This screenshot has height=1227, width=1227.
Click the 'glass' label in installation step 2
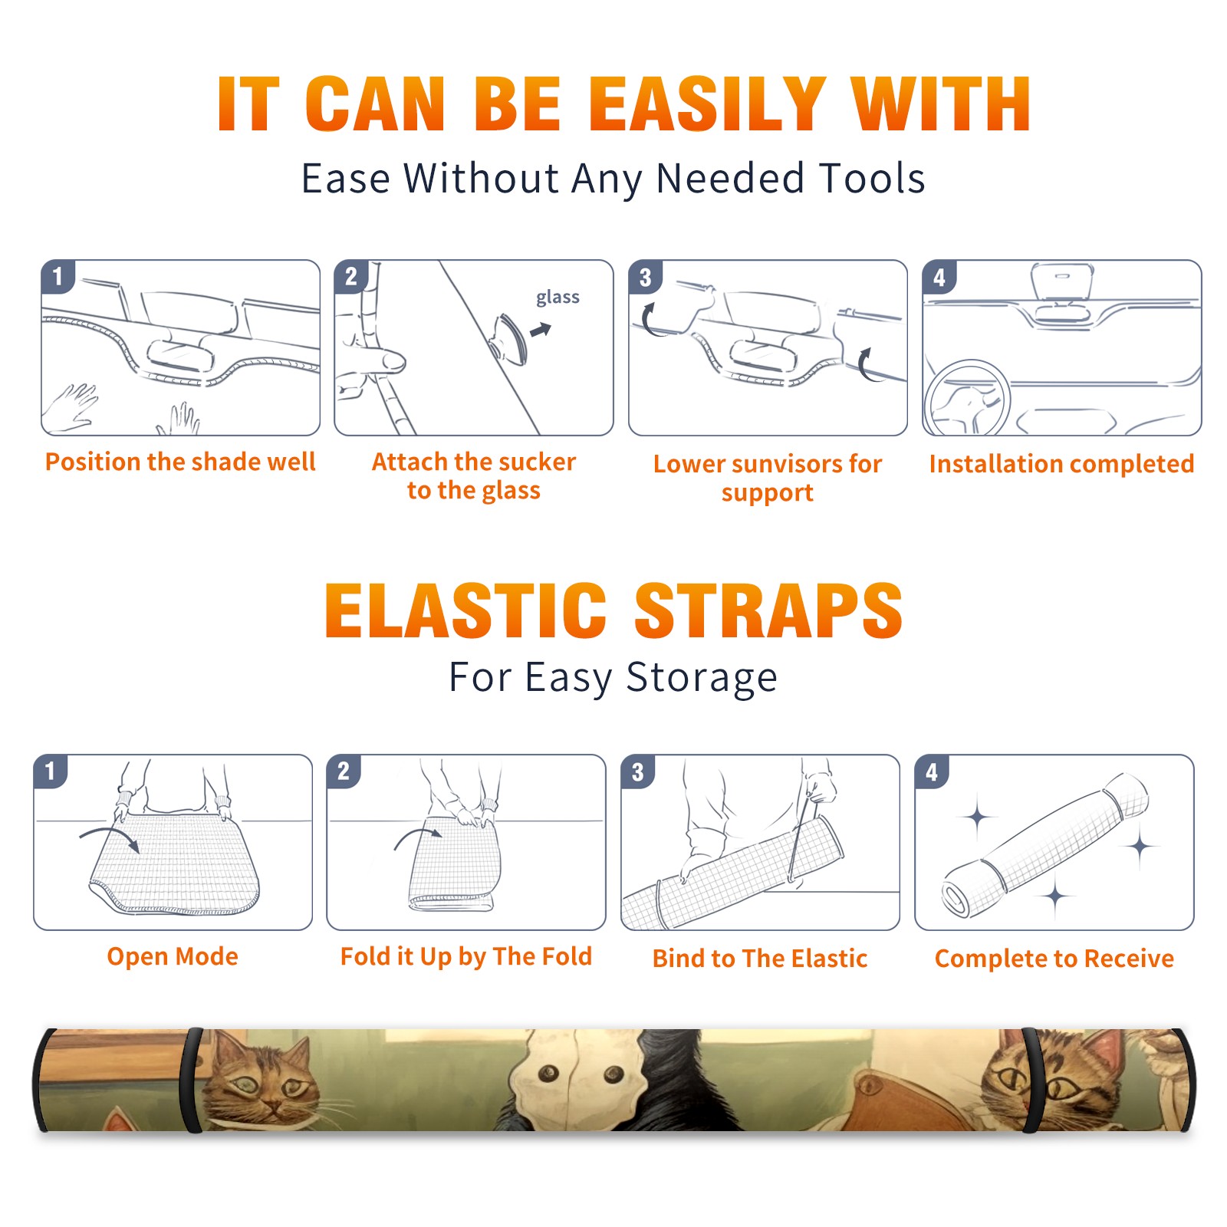(558, 298)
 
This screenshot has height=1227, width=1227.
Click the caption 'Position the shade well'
(180, 462)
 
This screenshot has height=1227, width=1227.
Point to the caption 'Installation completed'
(1061, 464)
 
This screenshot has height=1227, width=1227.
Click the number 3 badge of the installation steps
(645, 277)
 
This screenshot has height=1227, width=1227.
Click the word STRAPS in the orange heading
(768, 610)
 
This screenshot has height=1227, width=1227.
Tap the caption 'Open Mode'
(173, 956)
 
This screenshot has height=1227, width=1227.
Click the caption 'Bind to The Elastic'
(760, 959)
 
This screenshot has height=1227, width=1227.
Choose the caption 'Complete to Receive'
(1054, 959)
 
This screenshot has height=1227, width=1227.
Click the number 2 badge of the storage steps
(344, 771)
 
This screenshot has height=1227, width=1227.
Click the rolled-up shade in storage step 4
(1044, 845)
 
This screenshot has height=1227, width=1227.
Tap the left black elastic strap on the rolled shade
(192, 1080)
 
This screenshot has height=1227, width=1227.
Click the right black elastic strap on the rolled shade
(1031, 1080)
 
